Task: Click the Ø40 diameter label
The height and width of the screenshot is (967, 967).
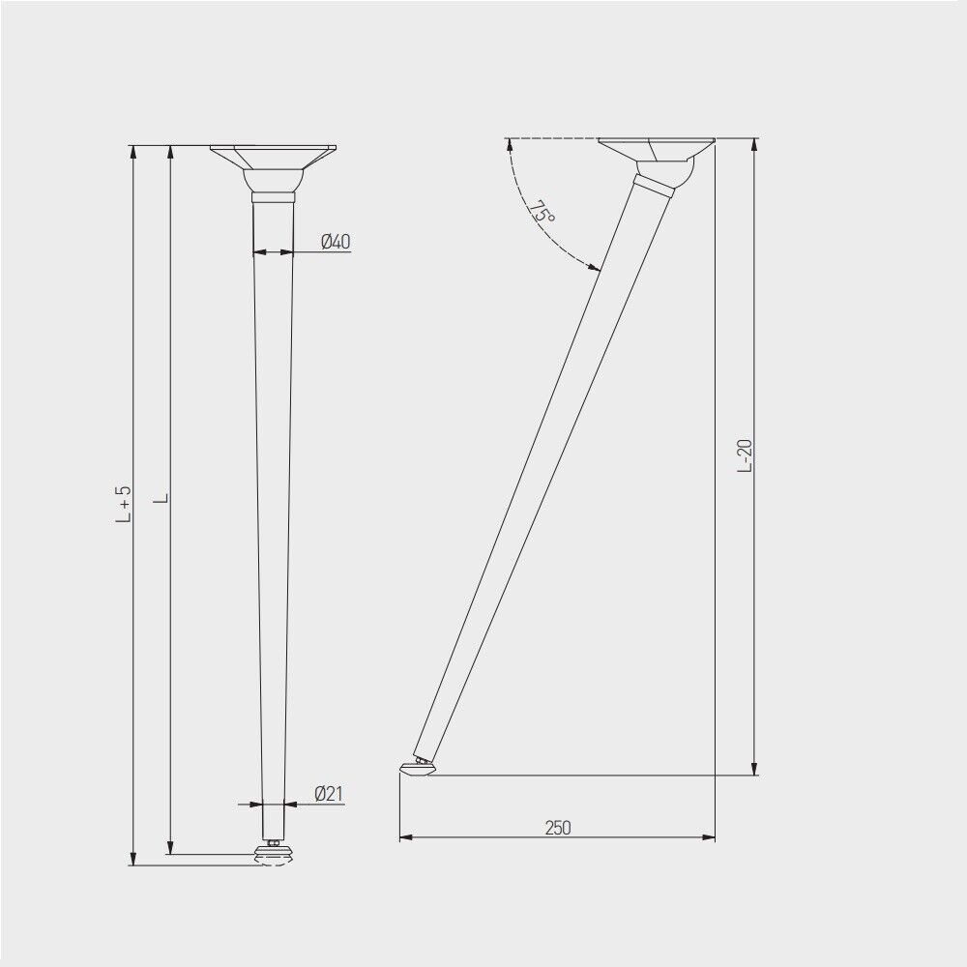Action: tap(335, 242)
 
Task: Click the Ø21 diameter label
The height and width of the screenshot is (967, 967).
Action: tap(329, 794)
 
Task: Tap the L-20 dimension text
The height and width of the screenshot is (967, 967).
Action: tap(745, 455)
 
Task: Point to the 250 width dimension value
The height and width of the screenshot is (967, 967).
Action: tap(558, 828)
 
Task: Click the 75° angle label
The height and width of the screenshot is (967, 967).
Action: tap(542, 213)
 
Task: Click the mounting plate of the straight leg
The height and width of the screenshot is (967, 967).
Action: tap(274, 154)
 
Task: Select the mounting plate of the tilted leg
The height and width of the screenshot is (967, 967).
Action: tap(657, 147)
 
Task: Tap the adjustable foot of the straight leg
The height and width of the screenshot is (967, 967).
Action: tap(274, 854)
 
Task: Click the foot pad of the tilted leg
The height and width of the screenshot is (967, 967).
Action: tap(417, 768)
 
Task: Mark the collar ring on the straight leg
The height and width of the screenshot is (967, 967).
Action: tap(274, 196)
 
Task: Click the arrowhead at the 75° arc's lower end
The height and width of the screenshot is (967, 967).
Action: tap(597, 270)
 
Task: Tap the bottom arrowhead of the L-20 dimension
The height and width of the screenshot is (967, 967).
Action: tap(754, 768)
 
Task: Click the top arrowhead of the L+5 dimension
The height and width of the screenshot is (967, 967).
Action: tap(133, 152)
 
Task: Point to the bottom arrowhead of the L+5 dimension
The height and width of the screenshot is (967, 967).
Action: tap(133, 859)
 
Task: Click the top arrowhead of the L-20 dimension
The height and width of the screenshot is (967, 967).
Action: tap(754, 145)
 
